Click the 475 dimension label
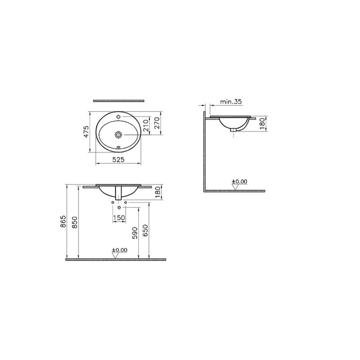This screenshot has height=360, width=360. tap(86, 132)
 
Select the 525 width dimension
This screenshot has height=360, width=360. tap(118, 159)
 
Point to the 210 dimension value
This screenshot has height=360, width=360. tap(146, 126)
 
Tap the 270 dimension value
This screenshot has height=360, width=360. tap(157, 123)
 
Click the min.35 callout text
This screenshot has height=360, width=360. tap(231, 102)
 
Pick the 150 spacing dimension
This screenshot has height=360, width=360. tap(119, 217)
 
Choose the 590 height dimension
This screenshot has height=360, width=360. tap(135, 233)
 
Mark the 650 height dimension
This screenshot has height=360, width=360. tap(145, 230)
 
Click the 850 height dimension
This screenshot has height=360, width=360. tap(75, 222)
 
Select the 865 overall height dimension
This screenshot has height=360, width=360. tap(63, 221)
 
